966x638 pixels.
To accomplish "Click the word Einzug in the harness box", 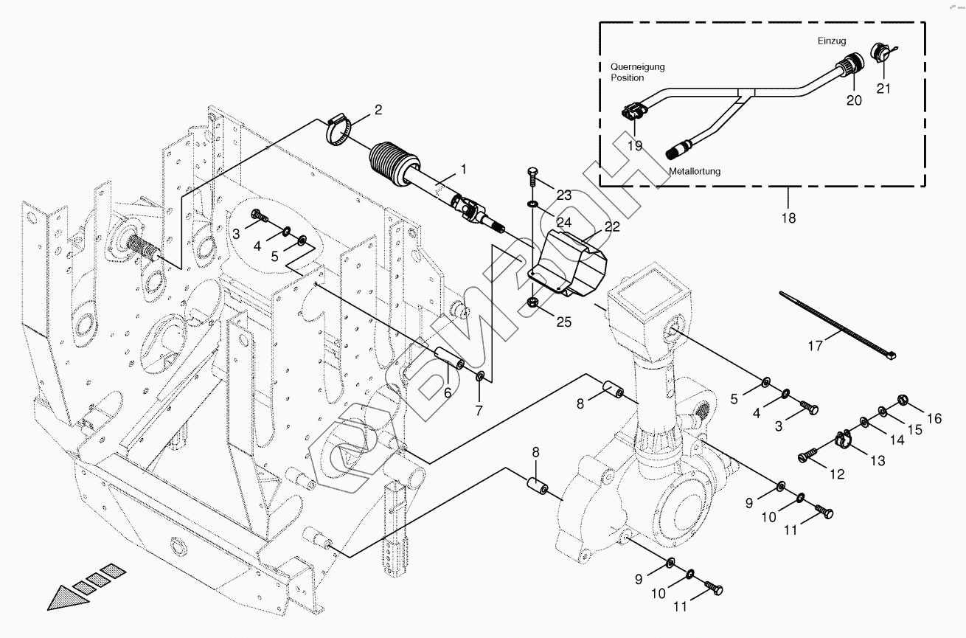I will click(x=831, y=41).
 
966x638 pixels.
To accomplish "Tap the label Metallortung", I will click(x=695, y=171).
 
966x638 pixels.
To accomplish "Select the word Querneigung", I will click(x=637, y=66).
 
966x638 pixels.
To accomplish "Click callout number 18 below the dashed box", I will click(x=788, y=218).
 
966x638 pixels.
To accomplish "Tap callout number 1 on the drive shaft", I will click(x=464, y=170).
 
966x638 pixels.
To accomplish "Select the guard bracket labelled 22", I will click(x=571, y=266).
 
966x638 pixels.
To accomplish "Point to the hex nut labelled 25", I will click(x=532, y=302).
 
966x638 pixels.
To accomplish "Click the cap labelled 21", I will click(x=880, y=53).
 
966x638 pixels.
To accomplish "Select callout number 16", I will click(x=934, y=419).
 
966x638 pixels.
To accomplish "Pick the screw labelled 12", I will click(x=808, y=452).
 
